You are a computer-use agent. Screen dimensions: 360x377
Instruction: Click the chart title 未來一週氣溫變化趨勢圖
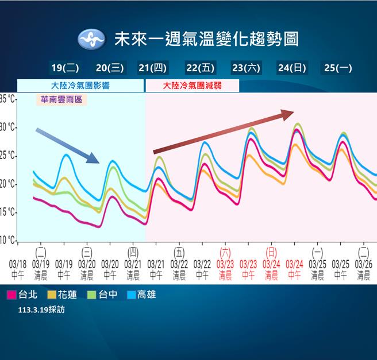pos(206,39)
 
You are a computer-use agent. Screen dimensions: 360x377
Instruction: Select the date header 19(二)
pos(65,68)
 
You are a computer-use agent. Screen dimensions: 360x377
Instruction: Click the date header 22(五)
pos(200,68)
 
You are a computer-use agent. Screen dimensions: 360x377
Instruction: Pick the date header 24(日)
pos(291,68)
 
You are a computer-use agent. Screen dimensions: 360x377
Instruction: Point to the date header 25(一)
pos(337,68)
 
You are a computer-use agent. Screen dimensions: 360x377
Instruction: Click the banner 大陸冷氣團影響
pos(80,86)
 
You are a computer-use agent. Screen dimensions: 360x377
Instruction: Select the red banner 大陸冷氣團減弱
pos(192,86)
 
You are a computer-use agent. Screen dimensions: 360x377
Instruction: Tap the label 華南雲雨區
pos(61,99)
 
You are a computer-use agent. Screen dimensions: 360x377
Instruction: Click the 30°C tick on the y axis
pos(8,127)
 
